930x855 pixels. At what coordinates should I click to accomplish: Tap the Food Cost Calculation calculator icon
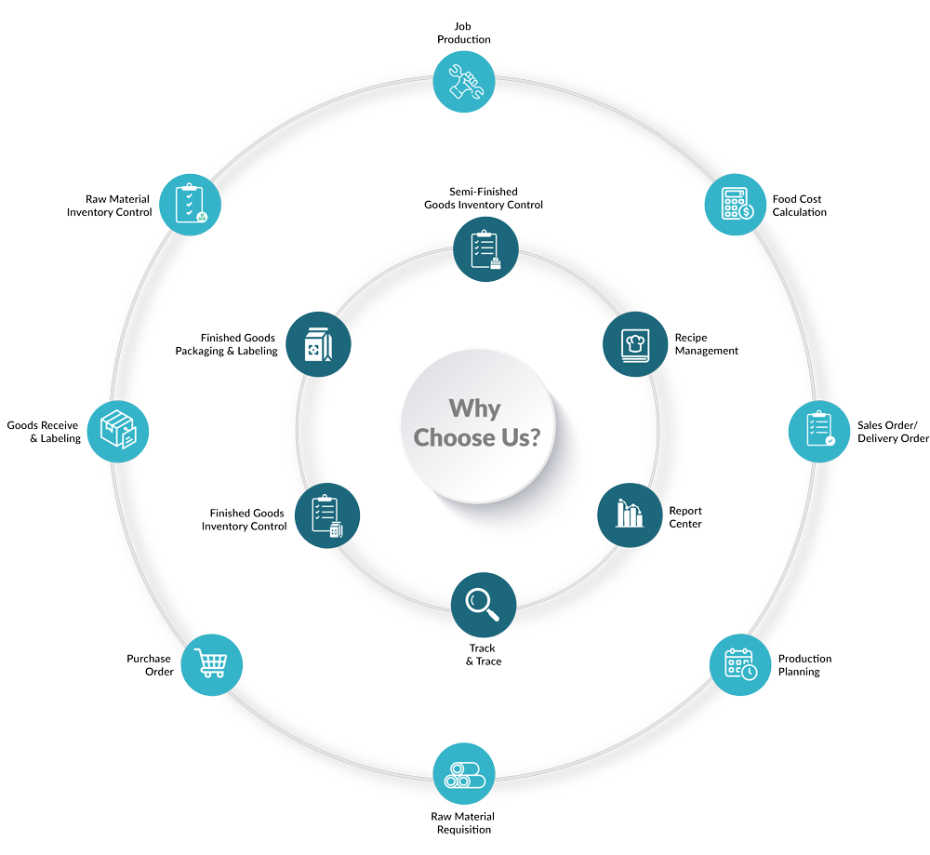click(x=736, y=203)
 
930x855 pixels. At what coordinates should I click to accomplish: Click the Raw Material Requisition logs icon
click(x=465, y=774)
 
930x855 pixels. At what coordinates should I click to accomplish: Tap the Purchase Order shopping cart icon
click(x=211, y=664)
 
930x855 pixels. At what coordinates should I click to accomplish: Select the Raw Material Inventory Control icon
click(x=191, y=203)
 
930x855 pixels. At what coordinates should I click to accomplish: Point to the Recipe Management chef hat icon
click(x=635, y=343)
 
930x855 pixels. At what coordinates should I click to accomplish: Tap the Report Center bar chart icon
click(x=630, y=514)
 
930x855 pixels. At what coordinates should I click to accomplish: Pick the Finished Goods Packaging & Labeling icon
click(x=318, y=343)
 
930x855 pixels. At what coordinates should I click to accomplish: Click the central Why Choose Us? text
click(x=476, y=423)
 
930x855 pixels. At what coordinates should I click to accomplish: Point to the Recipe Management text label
click(x=706, y=344)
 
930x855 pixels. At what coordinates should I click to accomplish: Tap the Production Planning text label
click(x=804, y=664)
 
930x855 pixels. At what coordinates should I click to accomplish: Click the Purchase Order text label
click(x=149, y=664)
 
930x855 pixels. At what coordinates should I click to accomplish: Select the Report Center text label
click(x=685, y=517)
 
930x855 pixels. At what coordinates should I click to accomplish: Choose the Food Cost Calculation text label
click(x=799, y=206)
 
